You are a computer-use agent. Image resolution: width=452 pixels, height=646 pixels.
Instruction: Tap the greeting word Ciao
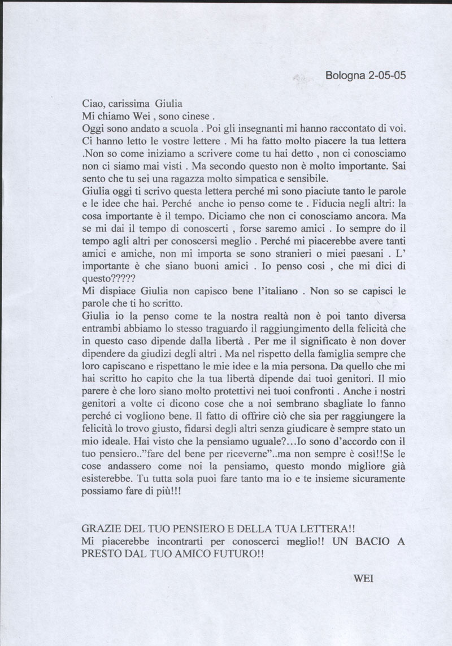pyautogui.click(x=93, y=105)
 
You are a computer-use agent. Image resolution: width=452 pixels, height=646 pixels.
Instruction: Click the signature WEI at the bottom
pyautogui.click(x=362, y=579)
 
